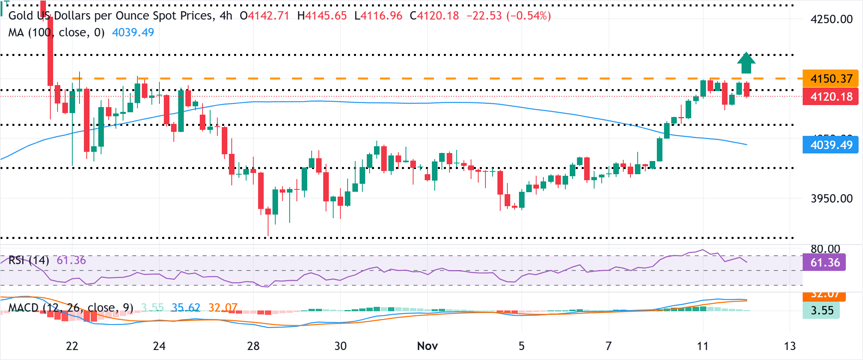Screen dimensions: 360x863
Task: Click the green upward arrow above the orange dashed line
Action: pos(746,63)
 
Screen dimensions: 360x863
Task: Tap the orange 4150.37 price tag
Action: pos(831,78)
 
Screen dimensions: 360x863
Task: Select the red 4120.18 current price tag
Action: pos(831,97)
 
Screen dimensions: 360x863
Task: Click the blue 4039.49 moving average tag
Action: pos(831,145)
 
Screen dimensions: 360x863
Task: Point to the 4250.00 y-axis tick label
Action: pos(831,19)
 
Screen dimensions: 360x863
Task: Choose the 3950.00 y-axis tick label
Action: pos(831,199)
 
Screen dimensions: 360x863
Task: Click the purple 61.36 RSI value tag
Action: pos(824,263)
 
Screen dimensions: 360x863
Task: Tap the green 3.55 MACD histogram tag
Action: pos(821,310)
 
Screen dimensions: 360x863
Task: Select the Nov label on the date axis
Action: pos(427,346)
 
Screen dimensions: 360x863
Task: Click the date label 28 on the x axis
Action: pos(253,346)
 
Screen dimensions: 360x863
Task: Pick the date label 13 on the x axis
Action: pos(789,346)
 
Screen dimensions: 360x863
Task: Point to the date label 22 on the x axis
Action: pos(72,346)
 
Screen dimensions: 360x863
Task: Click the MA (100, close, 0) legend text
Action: pos(56,32)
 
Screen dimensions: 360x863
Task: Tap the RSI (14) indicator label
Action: pos(29,261)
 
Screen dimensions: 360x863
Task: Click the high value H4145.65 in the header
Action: pos(322,16)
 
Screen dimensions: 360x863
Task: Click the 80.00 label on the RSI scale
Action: pos(825,249)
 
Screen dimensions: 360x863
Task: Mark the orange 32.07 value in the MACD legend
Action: pos(223,308)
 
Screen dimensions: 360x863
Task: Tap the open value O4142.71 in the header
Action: pos(264,16)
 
